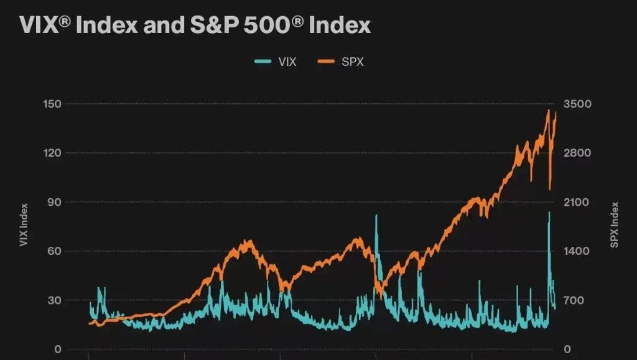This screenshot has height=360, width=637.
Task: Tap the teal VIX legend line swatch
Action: tap(264, 62)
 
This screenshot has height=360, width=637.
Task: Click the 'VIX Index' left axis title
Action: tap(24, 224)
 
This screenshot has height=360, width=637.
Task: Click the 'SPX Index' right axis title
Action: tap(614, 224)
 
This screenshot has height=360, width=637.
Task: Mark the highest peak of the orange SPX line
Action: tap(548, 111)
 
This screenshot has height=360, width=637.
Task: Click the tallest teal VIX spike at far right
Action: tap(549, 213)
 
